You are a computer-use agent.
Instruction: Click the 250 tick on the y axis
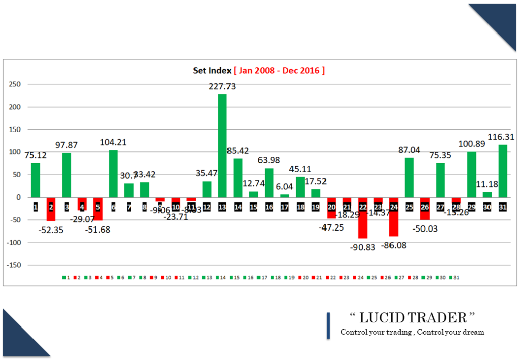(x=17, y=84)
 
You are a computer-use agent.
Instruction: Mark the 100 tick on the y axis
(x=17, y=152)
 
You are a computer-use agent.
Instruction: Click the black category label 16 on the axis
(x=269, y=207)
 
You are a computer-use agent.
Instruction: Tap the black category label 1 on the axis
(x=36, y=207)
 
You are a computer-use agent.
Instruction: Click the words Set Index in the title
(x=212, y=70)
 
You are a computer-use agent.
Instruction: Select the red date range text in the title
(x=279, y=70)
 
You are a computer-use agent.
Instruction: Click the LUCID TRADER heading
(x=413, y=318)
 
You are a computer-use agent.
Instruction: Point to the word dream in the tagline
(x=473, y=332)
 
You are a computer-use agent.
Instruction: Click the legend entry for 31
(x=455, y=278)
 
